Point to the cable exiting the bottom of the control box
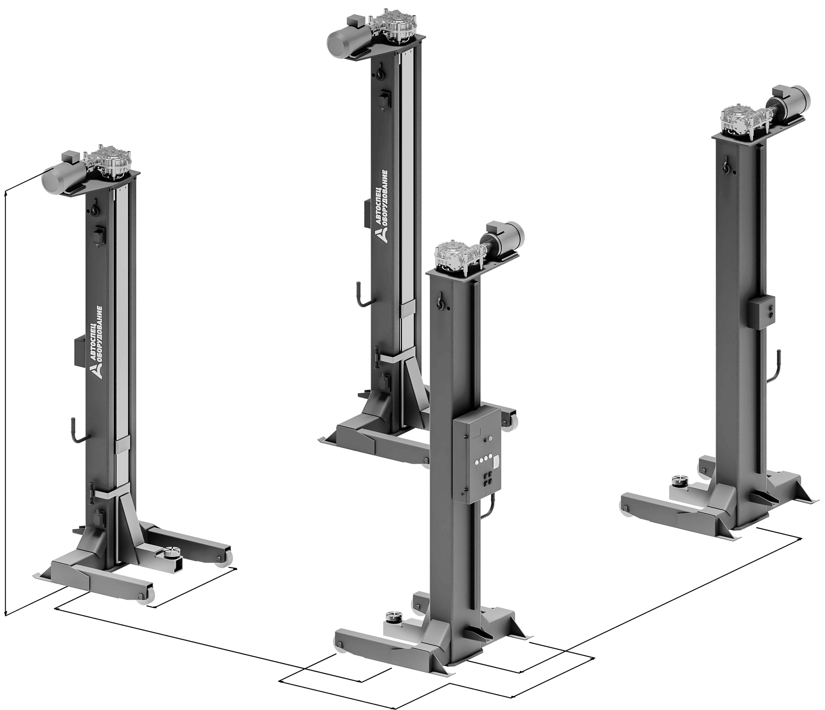pyautogui.click(x=488, y=508)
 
